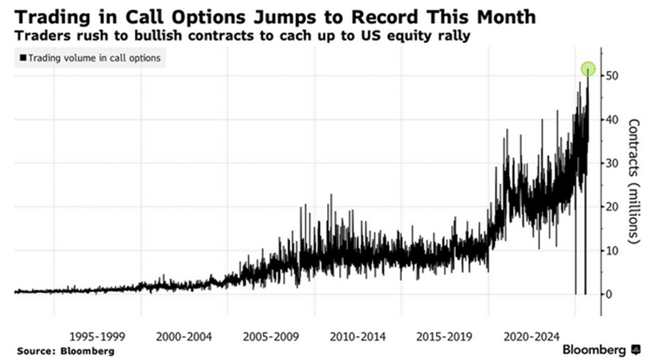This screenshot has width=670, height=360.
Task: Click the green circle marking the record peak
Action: [x=588, y=69]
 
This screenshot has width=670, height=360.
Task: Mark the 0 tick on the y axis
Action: [x=610, y=294]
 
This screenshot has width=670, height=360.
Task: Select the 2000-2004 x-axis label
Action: [x=184, y=337]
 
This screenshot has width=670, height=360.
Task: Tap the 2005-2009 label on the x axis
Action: [x=271, y=337]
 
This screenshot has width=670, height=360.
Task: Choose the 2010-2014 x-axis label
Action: [x=358, y=337]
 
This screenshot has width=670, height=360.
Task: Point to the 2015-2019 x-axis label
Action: [x=445, y=337]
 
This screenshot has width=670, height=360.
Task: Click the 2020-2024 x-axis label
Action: [x=531, y=337]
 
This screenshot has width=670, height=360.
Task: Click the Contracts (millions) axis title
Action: [x=634, y=181]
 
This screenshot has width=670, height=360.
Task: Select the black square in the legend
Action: [x=23, y=58]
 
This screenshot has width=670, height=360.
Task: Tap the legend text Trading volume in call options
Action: [x=94, y=58]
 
